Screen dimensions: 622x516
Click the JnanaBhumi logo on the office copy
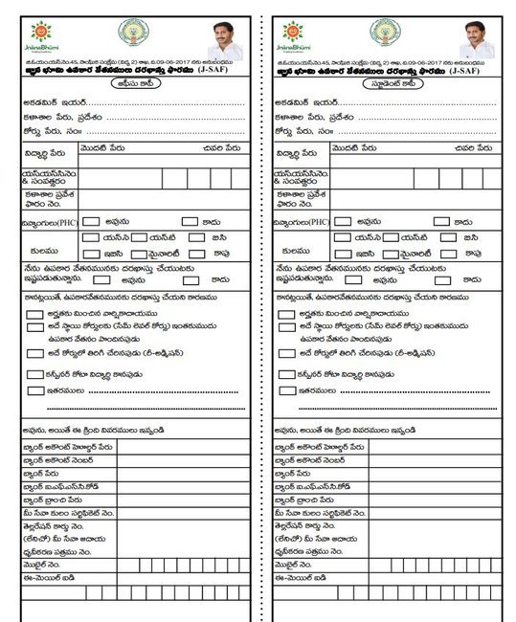(41, 35)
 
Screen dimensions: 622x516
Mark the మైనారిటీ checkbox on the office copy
(138, 255)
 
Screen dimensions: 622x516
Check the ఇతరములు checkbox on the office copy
(34, 389)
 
